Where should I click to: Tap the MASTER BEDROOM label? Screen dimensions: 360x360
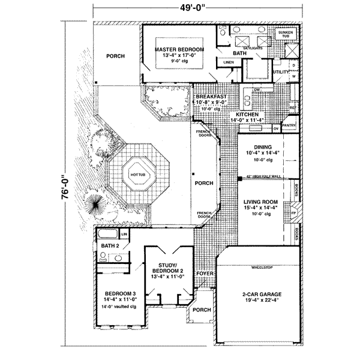[x=179, y=49]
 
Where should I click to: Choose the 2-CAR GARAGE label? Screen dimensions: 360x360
[x=261, y=294]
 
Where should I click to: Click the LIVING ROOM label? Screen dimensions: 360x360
[x=259, y=203]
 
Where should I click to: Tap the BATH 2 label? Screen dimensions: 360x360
[x=110, y=246]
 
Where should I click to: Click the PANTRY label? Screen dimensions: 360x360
[x=289, y=125]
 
